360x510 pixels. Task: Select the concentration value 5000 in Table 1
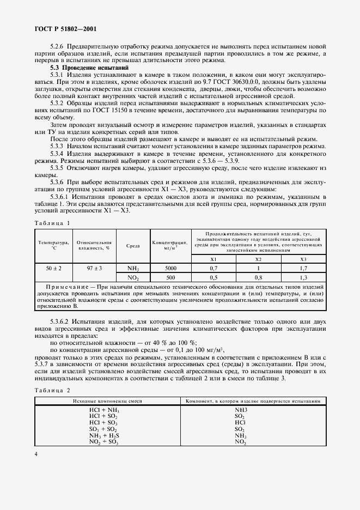[170, 269]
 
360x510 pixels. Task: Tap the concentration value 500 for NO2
[170, 277]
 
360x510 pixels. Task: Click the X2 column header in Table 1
[259, 259]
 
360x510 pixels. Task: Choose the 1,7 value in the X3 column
[303, 269]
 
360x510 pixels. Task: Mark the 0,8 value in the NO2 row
[259, 277]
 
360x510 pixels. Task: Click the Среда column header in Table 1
[133, 246]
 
